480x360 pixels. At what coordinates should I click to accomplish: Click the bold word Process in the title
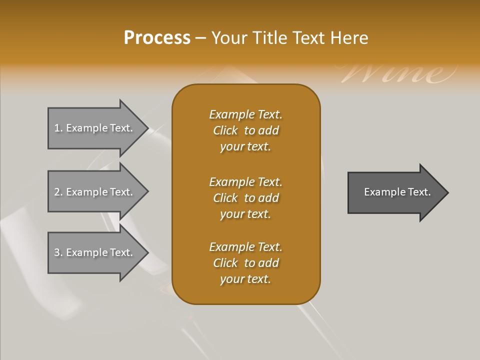tap(157, 38)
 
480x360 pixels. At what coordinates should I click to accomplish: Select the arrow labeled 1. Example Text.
tap(95, 128)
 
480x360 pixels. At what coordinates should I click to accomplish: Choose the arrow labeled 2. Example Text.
tap(95, 192)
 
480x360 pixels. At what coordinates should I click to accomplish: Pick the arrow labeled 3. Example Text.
tap(95, 252)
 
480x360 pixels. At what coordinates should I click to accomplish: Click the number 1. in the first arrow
tap(58, 128)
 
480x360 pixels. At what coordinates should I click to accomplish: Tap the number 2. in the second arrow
tap(58, 192)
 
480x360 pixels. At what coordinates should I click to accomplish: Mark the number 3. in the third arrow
tap(58, 252)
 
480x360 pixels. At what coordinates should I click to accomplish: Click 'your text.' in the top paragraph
tap(245, 147)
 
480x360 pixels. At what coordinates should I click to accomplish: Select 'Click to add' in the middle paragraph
tap(246, 198)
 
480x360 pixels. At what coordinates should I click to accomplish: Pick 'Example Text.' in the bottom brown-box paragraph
tap(246, 247)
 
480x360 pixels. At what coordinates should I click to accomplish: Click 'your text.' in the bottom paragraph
tap(245, 279)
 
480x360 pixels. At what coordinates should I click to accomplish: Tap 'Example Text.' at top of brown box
tap(246, 114)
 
